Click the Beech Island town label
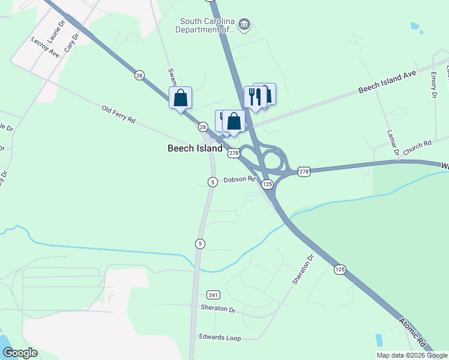click(x=194, y=148)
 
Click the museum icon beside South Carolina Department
click(x=244, y=25)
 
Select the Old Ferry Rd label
click(x=118, y=114)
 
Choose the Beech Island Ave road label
click(x=387, y=82)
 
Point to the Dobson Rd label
click(x=240, y=179)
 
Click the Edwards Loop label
click(x=220, y=338)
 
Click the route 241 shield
click(x=213, y=295)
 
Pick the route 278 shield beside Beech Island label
click(x=234, y=153)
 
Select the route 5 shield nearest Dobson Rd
click(x=212, y=182)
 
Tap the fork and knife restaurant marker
click(x=255, y=96)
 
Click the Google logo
click(x=20, y=353)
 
